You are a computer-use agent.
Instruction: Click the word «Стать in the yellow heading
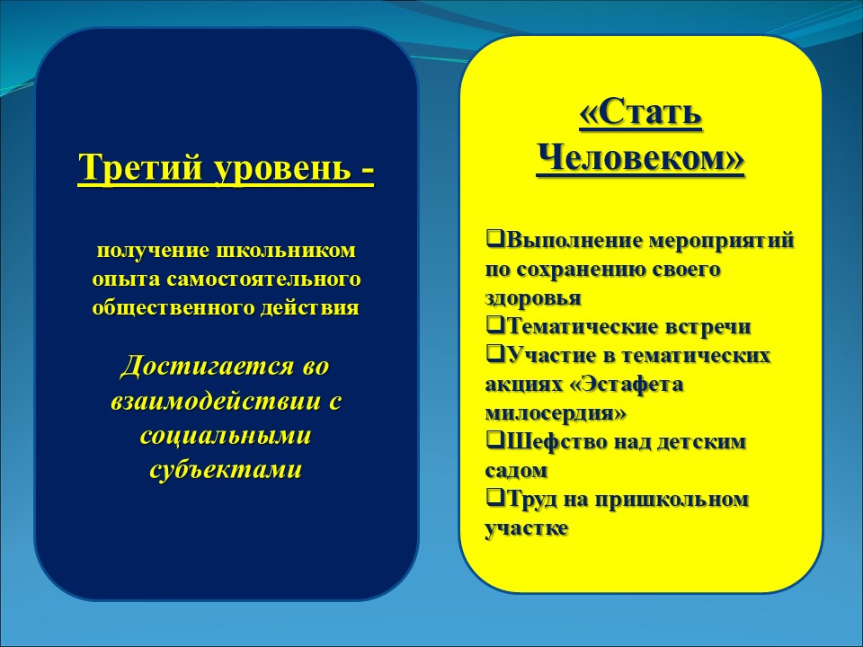641,113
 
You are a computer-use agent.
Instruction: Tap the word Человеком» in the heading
641,158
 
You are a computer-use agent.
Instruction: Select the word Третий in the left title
141,167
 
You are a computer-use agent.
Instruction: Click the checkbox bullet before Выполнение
493,239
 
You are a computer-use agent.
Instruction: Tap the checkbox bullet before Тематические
493,324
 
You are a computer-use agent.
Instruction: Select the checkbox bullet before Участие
493,353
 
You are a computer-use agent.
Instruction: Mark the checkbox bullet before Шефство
493,439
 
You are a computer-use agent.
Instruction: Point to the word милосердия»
556,413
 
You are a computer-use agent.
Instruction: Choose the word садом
516,471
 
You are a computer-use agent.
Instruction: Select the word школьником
286,251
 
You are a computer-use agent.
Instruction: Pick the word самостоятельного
264,279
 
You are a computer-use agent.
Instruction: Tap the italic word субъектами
226,470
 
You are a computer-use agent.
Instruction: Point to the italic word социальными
226,436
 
